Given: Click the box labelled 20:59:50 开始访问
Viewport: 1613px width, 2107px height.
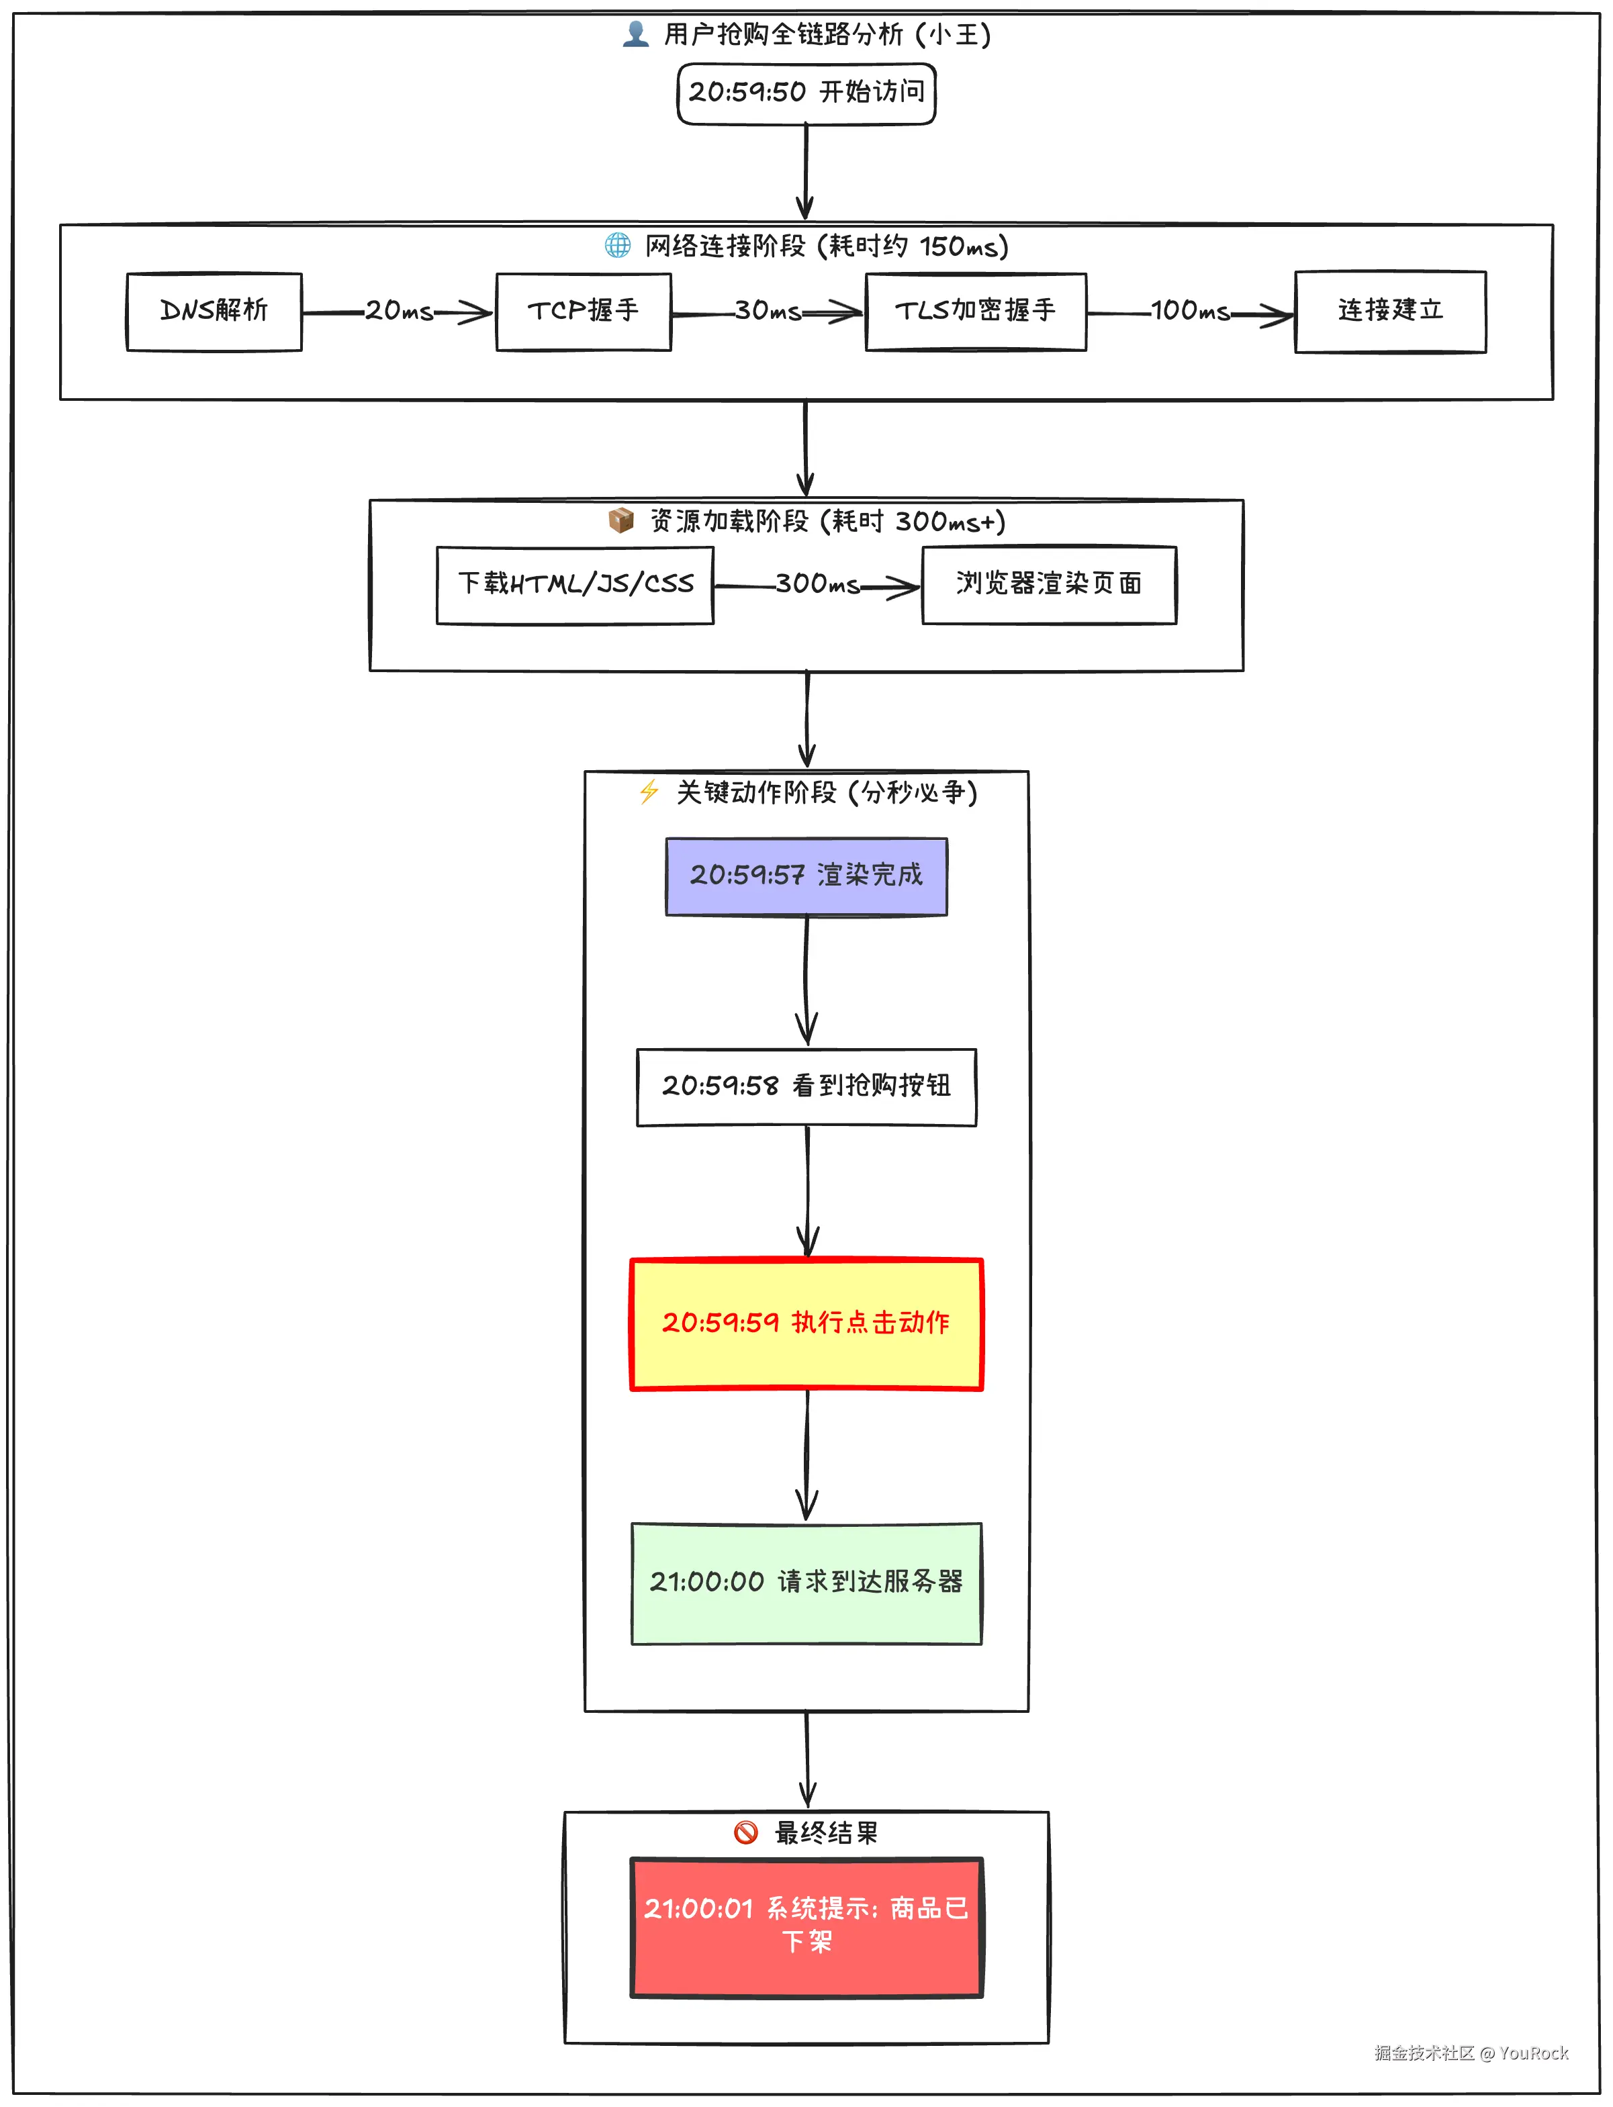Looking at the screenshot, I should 807,93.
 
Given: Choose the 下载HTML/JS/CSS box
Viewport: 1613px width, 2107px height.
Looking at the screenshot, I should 575,585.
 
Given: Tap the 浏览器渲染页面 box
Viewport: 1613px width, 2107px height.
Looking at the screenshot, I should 1048,585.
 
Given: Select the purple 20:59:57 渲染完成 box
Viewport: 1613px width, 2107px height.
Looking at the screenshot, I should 807,876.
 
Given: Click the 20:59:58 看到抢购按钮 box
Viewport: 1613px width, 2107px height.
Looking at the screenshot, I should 807,1086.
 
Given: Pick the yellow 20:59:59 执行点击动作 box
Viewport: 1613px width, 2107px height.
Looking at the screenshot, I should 807,1323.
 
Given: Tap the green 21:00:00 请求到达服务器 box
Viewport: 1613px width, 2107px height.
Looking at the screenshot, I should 807,1583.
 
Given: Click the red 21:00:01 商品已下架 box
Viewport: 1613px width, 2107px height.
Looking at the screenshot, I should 807,1926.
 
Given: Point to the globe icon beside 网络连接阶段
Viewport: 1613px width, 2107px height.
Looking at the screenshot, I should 617,246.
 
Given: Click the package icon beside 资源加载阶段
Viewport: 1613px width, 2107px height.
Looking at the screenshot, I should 621,520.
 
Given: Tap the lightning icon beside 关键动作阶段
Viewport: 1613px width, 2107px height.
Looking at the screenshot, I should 649,792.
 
